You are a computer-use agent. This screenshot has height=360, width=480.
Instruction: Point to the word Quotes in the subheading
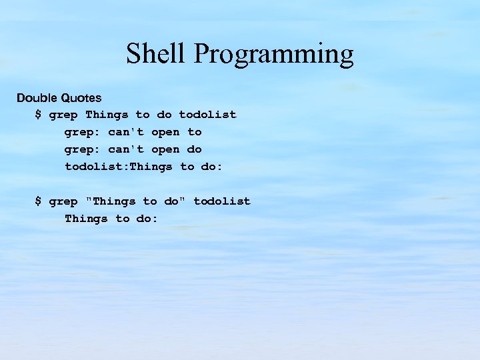tap(82, 98)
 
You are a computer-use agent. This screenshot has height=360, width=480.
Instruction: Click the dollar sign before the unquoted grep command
tap(38, 115)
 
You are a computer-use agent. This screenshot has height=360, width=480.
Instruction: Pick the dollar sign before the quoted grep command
tap(38, 201)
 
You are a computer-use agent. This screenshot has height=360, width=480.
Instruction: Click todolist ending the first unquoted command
tap(207, 115)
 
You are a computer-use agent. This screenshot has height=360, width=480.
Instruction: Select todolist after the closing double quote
tap(222, 201)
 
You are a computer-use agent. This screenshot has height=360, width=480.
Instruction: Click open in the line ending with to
tap(165, 132)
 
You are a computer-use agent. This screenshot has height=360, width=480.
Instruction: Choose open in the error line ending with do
tap(165, 149)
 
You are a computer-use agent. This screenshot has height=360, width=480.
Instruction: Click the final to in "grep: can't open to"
tap(194, 132)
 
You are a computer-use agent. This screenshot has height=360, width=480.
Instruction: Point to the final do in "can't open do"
tap(194, 149)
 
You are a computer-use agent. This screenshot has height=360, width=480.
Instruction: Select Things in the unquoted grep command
tap(107, 115)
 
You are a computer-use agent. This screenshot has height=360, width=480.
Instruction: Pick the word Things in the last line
tap(86, 219)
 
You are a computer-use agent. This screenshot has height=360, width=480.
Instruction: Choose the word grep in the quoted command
tap(63, 202)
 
